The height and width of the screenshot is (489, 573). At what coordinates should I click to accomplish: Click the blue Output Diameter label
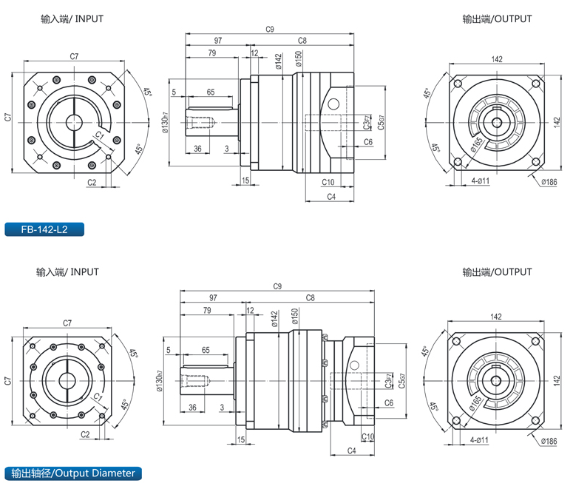pyautogui.click(x=72, y=473)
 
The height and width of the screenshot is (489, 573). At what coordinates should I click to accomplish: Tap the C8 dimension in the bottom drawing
pyautogui.click(x=310, y=297)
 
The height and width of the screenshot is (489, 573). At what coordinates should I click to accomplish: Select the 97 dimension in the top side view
pyautogui.click(x=218, y=40)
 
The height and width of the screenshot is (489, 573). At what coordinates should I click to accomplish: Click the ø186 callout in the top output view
pyautogui.click(x=549, y=182)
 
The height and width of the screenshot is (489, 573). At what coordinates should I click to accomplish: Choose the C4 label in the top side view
pyautogui.click(x=331, y=196)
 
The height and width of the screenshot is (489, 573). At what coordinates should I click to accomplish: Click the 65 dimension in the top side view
pyautogui.click(x=211, y=92)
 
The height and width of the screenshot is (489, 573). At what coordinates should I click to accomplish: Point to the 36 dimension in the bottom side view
pyautogui.click(x=192, y=408)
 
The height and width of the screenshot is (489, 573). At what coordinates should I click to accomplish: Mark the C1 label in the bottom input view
pyautogui.click(x=97, y=397)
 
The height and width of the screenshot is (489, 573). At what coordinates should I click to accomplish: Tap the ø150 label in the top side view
pyautogui.click(x=297, y=61)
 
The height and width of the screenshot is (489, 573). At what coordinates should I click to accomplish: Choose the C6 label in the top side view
pyautogui.click(x=367, y=141)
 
